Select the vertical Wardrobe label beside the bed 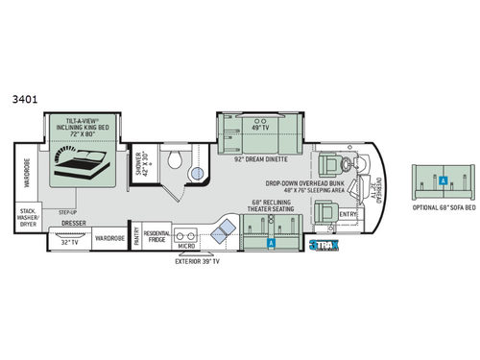(28, 175)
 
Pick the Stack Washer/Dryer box (29, 217)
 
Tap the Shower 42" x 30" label (140, 163)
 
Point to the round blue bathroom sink (197, 174)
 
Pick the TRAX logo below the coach (325, 246)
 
